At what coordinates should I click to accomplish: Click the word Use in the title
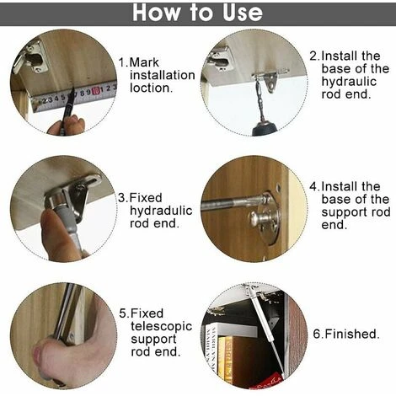[243, 13]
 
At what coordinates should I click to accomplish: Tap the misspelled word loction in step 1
[151, 88]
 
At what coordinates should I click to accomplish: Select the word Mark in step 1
[144, 62]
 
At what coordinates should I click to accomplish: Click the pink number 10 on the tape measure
[96, 90]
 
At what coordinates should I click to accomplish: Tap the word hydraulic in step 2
[349, 82]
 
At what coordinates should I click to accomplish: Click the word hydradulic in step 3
[161, 211]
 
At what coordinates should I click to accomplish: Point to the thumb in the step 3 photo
[51, 227]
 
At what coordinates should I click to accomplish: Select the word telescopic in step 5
[161, 326]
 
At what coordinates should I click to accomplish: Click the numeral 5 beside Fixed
[123, 313]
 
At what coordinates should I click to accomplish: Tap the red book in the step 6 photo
[267, 381]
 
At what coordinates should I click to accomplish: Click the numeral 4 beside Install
[313, 186]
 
